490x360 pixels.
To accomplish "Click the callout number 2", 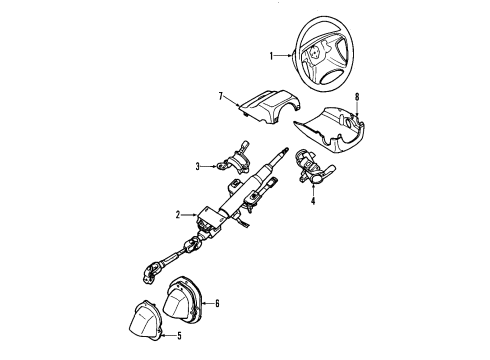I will [x=177, y=214].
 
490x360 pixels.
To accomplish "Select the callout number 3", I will [x=198, y=166].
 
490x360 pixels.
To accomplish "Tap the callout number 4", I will [x=312, y=202].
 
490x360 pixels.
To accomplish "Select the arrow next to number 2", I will [x=187, y=214].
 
